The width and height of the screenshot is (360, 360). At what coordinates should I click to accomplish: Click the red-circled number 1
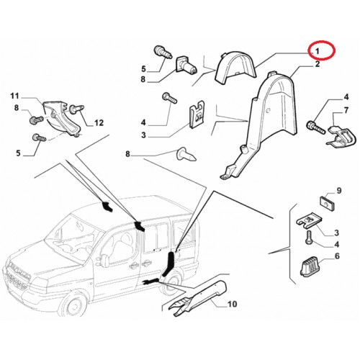pos(318,51)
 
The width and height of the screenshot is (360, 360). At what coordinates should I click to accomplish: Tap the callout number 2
pos(318,64)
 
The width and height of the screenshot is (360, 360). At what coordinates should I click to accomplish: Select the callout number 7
pos(346,110)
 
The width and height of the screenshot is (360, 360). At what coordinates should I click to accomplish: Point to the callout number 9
pos(338,191)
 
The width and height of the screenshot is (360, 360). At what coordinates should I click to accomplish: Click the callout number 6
pos(337,256)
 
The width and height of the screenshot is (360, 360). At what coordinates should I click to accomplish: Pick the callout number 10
pos(232,304)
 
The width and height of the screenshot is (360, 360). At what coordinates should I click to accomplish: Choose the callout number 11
pos(14,96)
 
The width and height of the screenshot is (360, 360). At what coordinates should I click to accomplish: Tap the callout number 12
pos(99,123)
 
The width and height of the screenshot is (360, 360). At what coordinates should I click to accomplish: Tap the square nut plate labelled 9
pos(328,203)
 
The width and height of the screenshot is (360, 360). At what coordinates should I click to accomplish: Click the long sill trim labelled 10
pos(198,298)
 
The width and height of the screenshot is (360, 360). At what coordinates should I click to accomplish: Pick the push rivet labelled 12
pos(77,109)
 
